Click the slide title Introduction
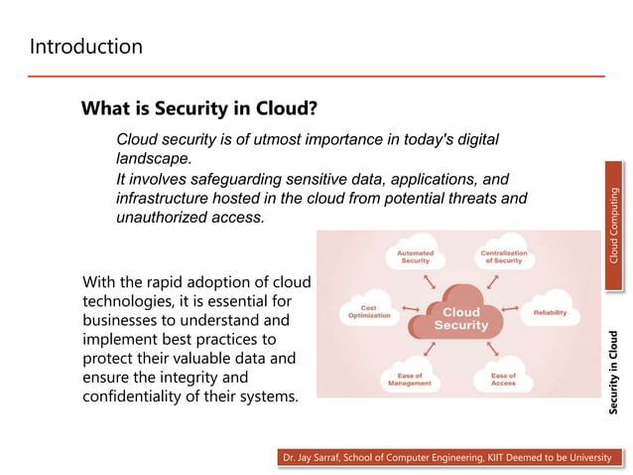86,47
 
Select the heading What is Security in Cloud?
198,107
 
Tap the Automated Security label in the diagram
415,256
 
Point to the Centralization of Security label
503,256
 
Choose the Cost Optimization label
368,312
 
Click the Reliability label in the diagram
550,312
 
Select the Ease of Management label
409,379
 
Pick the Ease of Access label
503,379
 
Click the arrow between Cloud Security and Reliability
510,310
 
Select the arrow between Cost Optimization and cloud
406,310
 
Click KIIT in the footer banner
493,457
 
